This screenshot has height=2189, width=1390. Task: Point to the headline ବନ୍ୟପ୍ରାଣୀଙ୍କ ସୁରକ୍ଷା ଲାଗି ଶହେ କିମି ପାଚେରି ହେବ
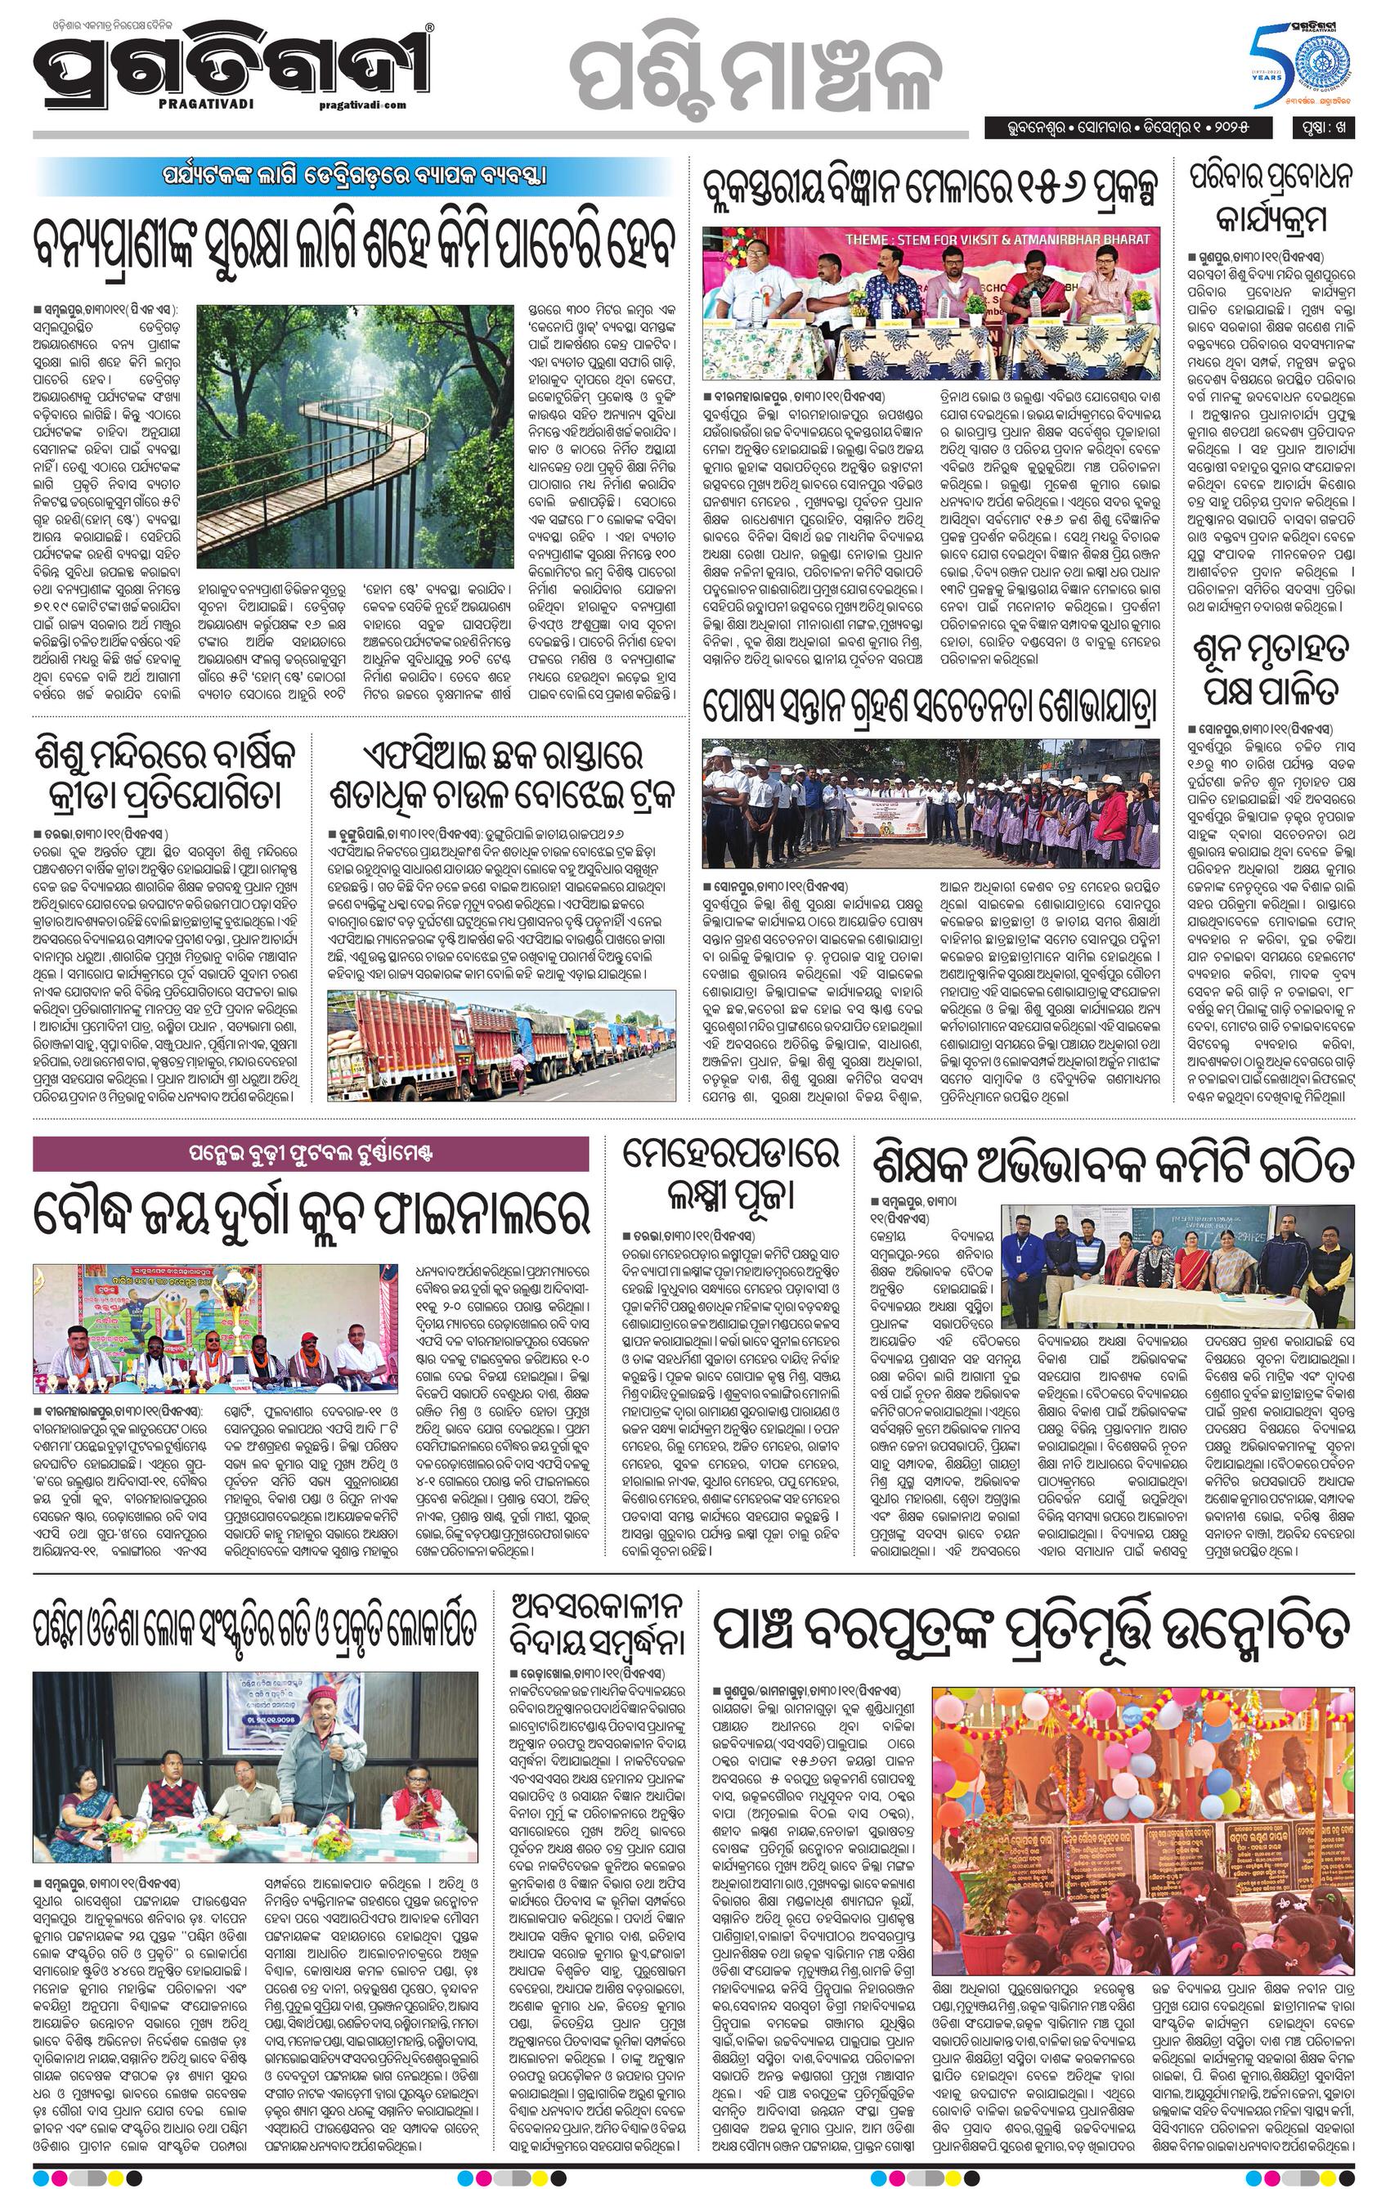point(355,244)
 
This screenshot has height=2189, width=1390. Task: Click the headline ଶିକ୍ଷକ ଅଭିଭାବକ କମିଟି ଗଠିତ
point(1113,1166)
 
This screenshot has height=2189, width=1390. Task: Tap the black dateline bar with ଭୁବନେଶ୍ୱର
point(1132,128)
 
